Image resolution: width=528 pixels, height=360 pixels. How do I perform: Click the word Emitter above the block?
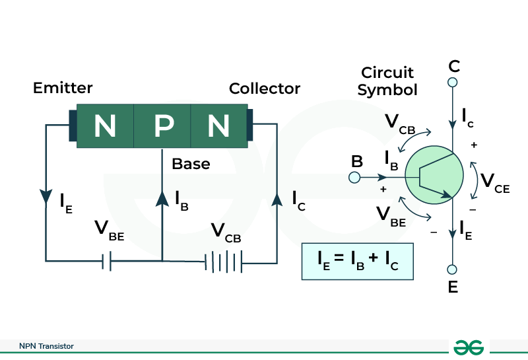pyautogui.click(x=63, y=88)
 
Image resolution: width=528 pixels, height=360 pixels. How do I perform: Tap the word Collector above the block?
pyautogui.click(x=265, y=89)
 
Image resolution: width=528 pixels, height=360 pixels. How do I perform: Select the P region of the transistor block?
pyautogui.click(x=162, y=126)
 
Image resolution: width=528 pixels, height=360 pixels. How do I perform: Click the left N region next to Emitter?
pyautogui.click(x=105, y=126)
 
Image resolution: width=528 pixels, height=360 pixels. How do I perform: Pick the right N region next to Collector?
pyautogui.click(x=218, y=126)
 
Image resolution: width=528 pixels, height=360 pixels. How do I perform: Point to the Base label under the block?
pyautogui.click(x=191, y=163)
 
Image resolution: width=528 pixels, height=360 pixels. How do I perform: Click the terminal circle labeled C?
pyautogui.click(x=453, y=83)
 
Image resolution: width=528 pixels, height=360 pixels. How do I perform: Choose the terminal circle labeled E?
pyautogui.click(x=453, y=270)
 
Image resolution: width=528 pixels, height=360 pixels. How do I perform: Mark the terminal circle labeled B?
pyautogui.click(x=354, y=178)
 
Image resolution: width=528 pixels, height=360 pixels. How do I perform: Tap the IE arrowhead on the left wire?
pyautogui.click(x=46, y=197)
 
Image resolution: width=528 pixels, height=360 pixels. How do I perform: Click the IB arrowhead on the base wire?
pyautogui.click(x=162, y=197)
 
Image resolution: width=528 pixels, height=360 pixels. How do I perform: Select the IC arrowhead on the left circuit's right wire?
pyautogui.click(x=277, y=197)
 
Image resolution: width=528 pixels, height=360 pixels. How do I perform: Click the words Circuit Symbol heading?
pyautogui.click(x=387, y=81)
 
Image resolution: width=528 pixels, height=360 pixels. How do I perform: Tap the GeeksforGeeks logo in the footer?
pyautogui.click(x=469, y=347)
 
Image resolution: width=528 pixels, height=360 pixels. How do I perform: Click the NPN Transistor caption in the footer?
pyautogui.click(x=46, y=346)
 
